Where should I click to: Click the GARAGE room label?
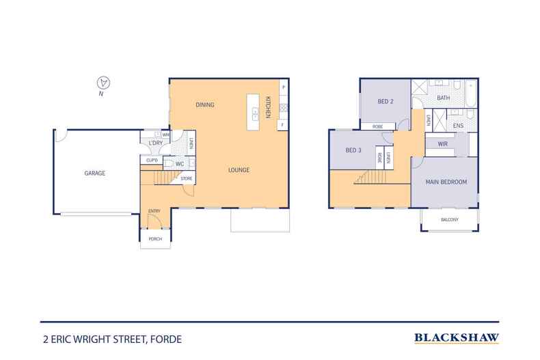pos(94,174)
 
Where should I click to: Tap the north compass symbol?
pos(103,83)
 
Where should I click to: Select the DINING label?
pos(205,105)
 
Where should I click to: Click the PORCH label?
pos(155,238)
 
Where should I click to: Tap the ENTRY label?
pos(154,211)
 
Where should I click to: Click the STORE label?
pos(186,178)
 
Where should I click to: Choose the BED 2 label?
pos(386,102)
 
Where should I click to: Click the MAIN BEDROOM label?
pos(446,182)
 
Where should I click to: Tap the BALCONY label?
pos(449,219)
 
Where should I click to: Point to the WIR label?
pos(442,143)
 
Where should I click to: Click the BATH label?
pos(444,98)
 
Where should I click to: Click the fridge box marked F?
pos(282,125)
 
